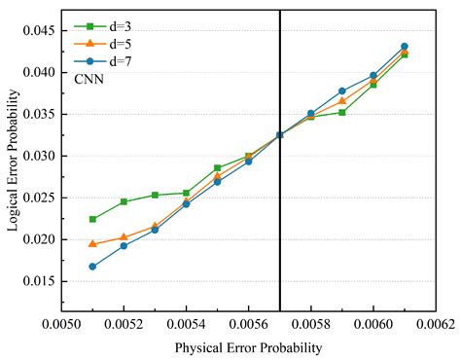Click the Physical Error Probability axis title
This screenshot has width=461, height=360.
tap(248, 347)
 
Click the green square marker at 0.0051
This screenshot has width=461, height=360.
tap(92, 219)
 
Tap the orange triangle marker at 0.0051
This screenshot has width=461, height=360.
tap(92, 243)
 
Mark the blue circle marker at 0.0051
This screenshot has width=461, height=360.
tap(92, 267)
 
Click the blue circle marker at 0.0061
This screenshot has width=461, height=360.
tap(405, 47)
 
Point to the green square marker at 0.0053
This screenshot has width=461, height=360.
tap(155, 195)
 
